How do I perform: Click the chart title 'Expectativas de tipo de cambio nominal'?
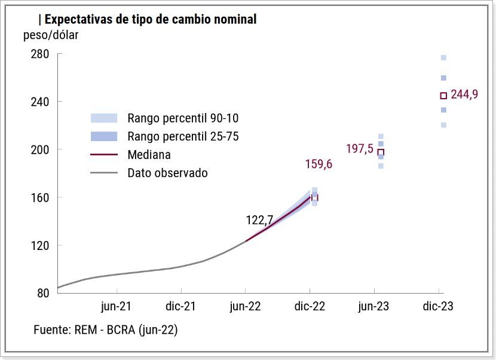(151, 19)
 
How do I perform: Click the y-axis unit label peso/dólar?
(51, 35)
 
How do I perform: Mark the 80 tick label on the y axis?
(42, 293)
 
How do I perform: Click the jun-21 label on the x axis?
(116, 307)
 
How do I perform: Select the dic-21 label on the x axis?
(180, 307)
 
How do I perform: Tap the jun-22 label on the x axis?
(245, 307)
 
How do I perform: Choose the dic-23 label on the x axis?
(438, 307)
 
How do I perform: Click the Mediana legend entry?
(149, 155)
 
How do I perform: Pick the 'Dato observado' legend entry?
(167, 173)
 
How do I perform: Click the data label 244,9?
(464, 94)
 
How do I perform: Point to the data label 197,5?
(360, 148)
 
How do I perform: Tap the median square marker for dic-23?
(443, 96)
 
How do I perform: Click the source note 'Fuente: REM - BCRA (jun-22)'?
(106, 330)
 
